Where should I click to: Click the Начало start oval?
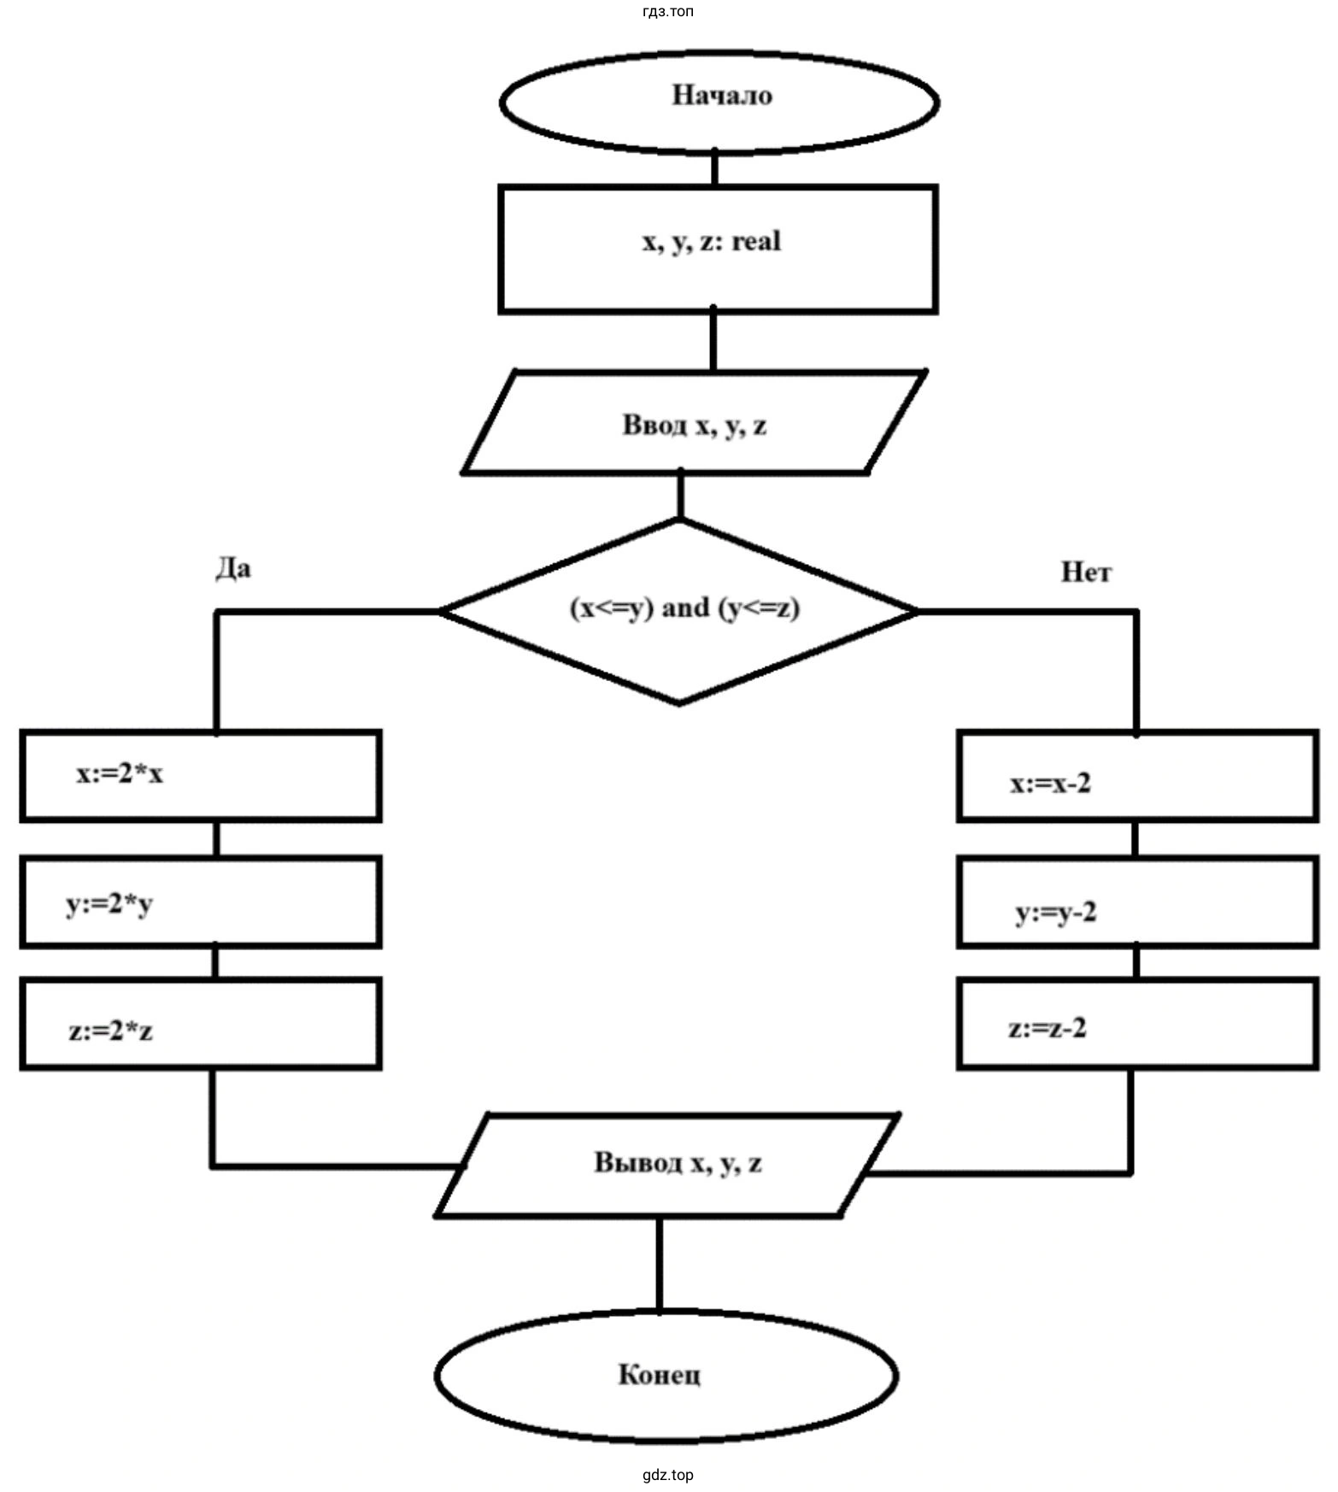tap(719, 101)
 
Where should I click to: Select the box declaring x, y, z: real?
tap(718, 249)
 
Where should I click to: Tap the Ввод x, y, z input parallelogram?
tap(694, 423)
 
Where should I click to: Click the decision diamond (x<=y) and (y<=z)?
tap(680, 611)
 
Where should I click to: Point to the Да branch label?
tap(232, 568)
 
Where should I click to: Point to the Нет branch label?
tap(1086, 572)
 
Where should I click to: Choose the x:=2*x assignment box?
tap(201, 775)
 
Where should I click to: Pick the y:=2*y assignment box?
tap(201, 903)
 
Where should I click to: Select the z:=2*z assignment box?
tap(201, 1024)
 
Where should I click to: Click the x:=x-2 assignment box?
tap(1136, 776)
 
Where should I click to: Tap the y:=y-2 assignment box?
tap(1136, 903)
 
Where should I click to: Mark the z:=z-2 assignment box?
tap(1136, 1024)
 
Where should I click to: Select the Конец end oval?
tap(666, 1375)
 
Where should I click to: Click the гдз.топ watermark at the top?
tap(666, 12)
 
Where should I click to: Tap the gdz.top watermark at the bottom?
tap(668, 1475)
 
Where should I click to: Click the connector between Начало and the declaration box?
tap(715, 168)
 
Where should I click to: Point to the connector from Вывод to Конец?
tap(659, 1263)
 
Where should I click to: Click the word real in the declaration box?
tap(756, 242)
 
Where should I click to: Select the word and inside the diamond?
tap(685, 608)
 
